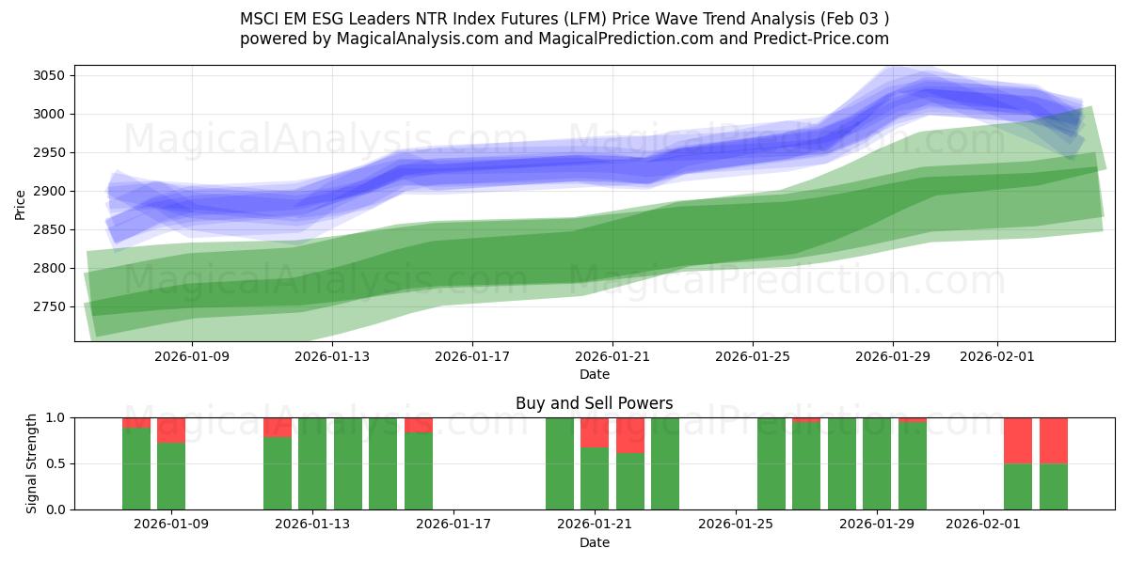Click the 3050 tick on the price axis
click(x=47, y=75)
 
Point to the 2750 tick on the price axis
click(x=47, y=306)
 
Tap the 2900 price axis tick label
click(x=47, y=191)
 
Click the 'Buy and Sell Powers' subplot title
click(x=594, y=403)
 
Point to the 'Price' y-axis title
click(x=21, y=203)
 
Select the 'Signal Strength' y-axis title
click(x=31, y=463)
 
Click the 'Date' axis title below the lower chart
click(x=594, y=542)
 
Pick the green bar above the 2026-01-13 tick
click(x=312, y=463)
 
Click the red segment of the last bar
click(x=1053, y=440)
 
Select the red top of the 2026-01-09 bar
click(x=171, y=430)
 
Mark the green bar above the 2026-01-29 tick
click(x=877, y=463)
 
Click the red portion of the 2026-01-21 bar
click(x=595, y=432)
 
